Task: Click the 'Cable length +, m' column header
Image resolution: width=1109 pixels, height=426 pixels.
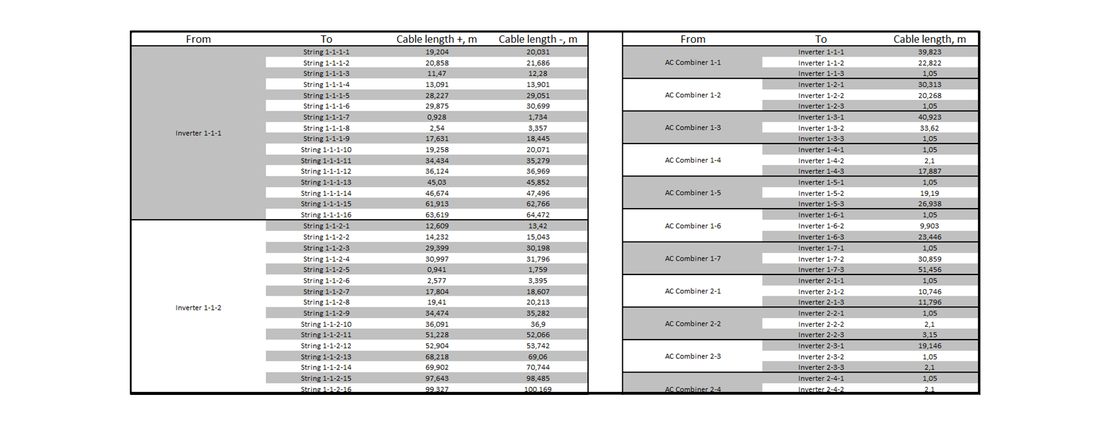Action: pyautogui.click(x=436, y=39)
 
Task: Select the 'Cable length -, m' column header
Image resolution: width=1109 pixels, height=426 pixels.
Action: pyautogui.click(x=537, y=39)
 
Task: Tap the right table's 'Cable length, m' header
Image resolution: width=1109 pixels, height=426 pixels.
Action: pyautogui.click(x=929, y=39)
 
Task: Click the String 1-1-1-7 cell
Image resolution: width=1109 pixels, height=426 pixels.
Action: pyautogui.click(x=326, y=117)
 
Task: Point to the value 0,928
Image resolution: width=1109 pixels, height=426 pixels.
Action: pyautogui.click(x=436, y=117)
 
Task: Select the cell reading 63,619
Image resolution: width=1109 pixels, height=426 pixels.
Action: pyautogui.click(x=437, y=215)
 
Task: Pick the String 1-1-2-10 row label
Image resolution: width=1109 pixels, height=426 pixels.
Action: pyautogui.click(x=326, y=324)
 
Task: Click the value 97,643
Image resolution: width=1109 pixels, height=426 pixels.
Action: pyautogui.click(x=437, y=379)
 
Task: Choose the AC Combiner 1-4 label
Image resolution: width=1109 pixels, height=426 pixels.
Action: pyautogui.click(x=692, y=161)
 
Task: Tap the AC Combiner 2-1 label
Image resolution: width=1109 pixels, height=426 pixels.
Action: pyautogui.click(x=692, y=292)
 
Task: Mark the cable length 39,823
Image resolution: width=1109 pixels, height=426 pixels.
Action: pyautogui.click(x=929, y=52)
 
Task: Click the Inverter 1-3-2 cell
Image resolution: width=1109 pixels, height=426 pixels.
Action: pyautogui.click(x=821, y=128)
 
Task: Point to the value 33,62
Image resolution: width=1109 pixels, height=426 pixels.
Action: pyautogui.click(x=929, y=128)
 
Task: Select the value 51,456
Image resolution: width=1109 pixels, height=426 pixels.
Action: pyautogui.click(x=929, y=270)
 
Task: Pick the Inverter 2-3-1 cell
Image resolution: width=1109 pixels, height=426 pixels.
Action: pyautogui.click(x=821, y=346)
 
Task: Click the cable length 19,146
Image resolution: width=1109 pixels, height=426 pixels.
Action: pyautogui.click(x=929, y=346)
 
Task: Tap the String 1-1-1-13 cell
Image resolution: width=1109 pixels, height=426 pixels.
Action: pyautogui.click(x=326, y=183)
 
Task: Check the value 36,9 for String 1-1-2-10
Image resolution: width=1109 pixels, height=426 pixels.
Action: pyautogui.click(x=537, y=324)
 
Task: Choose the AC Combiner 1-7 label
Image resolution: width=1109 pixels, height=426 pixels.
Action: pyautogui.click(x=692, y=259)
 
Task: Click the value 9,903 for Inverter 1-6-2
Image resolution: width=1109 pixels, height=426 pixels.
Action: pyautogui.click(x=929, y=226)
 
